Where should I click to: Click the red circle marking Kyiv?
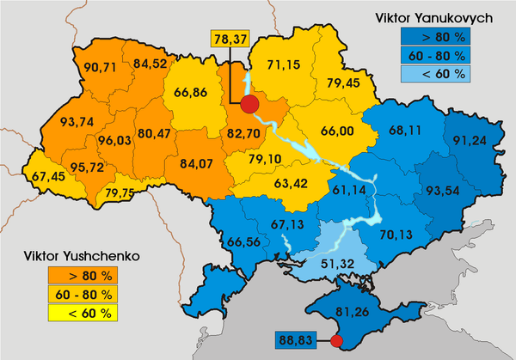tap(249, 105)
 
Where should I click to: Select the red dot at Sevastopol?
tap(336, 341)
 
